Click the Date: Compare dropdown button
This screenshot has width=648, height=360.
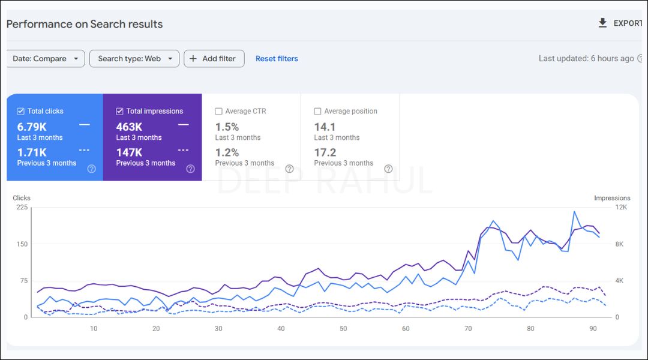tap(46, 59)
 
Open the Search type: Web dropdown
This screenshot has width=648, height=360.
tap(134, 59)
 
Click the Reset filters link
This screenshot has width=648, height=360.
tap(277, 59)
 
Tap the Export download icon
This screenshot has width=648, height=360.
tap(602, 23)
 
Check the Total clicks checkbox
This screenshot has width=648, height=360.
tap(21, 111)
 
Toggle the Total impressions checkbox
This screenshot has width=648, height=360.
tap(119, 111)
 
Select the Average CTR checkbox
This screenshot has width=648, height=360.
tap(218, 111)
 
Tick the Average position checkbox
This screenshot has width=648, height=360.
tap(318, 111)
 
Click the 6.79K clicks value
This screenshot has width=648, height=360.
tap(32, 127)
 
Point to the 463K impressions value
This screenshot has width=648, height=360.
tap(129, 127)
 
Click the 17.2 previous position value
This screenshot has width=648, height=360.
tap(325, 152)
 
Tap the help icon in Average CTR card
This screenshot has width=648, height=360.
tap(289, 169)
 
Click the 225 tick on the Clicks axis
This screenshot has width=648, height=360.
tap(22, 208)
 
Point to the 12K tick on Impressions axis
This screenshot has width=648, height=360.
tap(621, 208)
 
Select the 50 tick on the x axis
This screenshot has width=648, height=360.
tap(343, 328)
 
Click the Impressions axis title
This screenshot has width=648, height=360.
tap(612, 198)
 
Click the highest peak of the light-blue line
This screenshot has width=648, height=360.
tap(574, 212)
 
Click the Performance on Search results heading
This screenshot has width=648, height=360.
tap(85, 25)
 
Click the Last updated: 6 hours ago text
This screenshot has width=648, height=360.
tap(586, 59)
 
